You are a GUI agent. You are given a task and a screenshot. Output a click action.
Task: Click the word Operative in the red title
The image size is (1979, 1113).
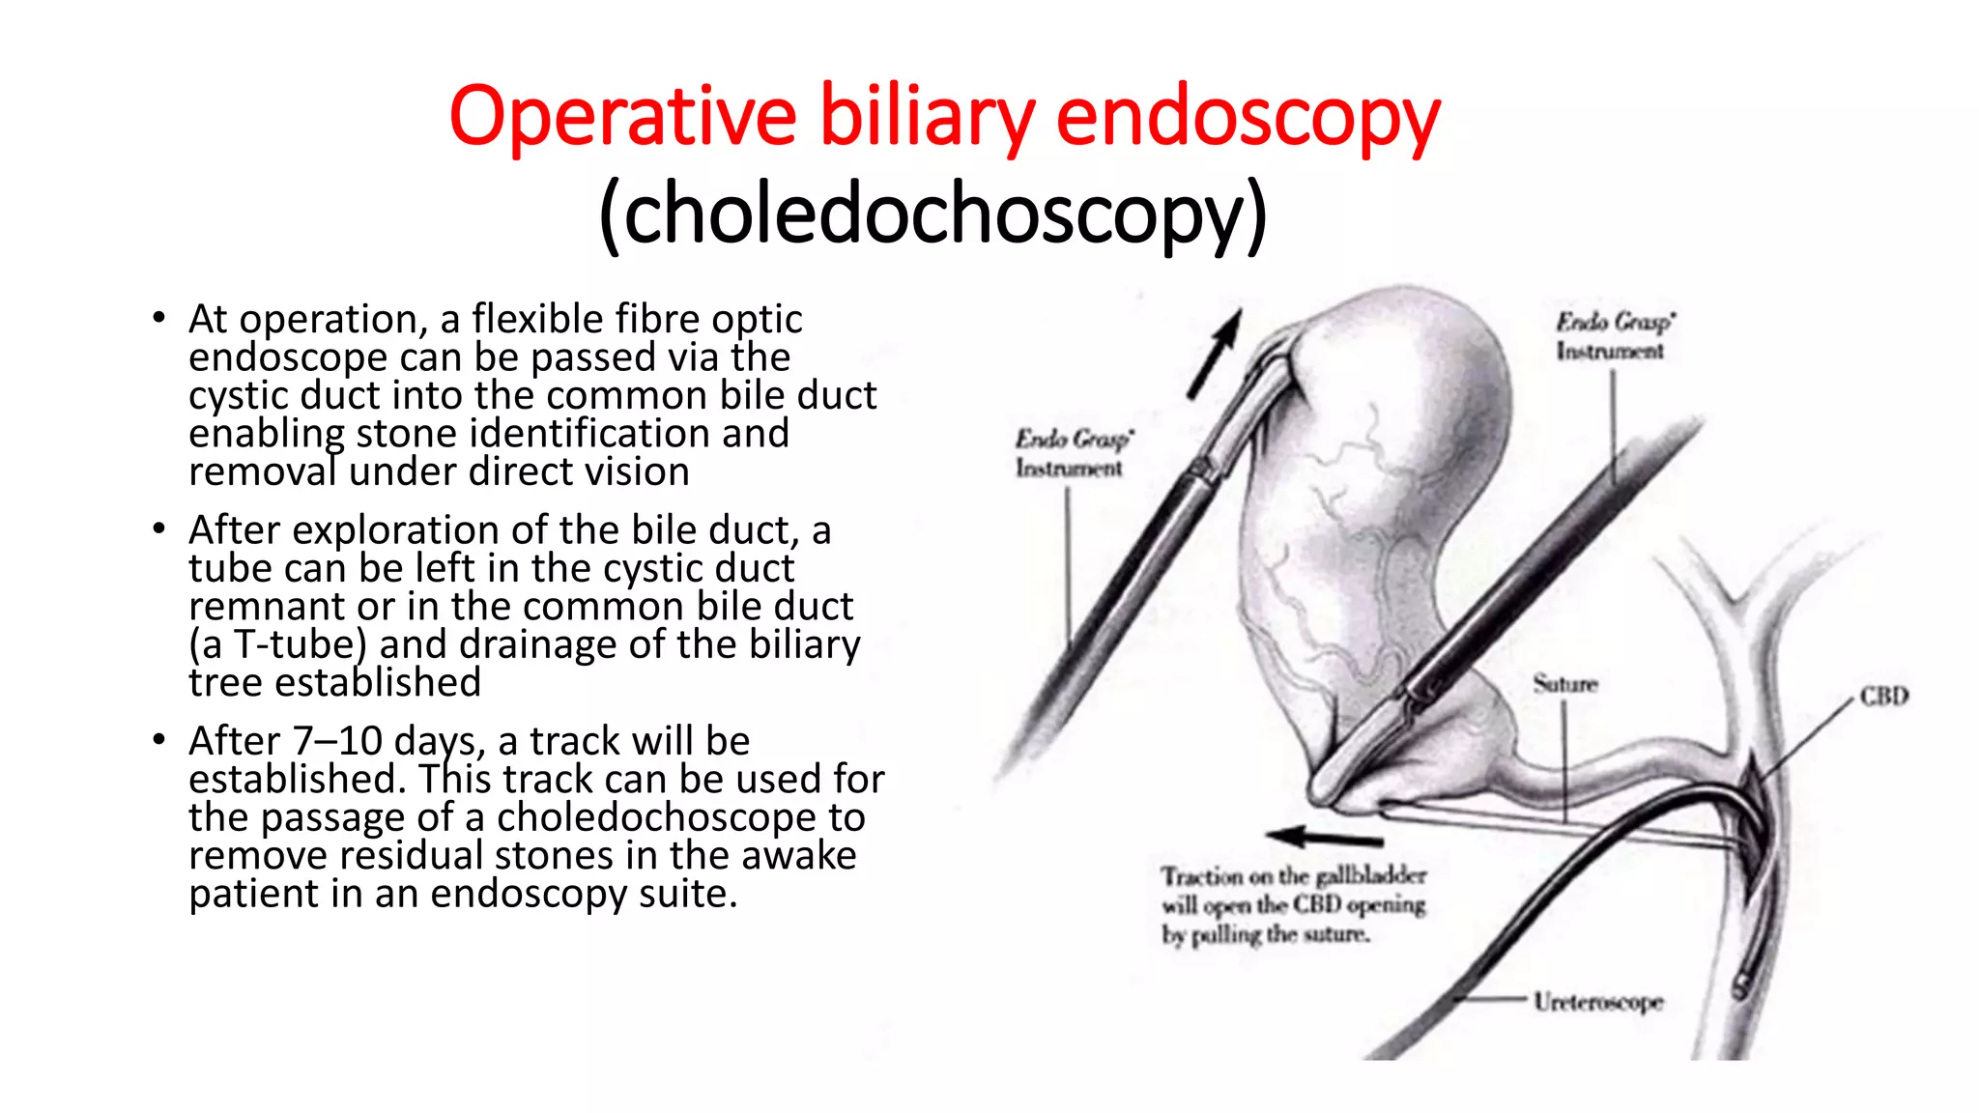[622, 118]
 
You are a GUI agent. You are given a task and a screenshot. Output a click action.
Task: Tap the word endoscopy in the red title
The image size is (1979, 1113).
[1248, 118]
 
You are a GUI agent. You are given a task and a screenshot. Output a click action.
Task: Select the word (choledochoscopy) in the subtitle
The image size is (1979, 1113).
[932, 214]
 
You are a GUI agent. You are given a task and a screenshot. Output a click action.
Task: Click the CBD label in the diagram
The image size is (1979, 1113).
[1883, 697]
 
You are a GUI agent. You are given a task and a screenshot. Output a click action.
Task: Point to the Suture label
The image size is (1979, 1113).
[1564, 684]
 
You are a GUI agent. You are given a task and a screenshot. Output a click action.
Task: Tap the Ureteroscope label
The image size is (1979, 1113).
[1598, 1002]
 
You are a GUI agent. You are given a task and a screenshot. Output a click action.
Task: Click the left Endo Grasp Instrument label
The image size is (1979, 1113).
[1072, 453]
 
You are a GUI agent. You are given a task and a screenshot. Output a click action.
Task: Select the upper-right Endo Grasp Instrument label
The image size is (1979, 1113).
[1613, 336]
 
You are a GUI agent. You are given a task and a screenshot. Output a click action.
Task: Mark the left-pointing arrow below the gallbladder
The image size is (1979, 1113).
[1323, 837]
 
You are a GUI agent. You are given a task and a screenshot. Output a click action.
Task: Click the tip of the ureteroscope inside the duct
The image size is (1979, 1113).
[1741, 986]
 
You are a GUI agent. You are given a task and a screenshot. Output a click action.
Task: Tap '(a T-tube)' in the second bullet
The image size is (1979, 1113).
[277, 644]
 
